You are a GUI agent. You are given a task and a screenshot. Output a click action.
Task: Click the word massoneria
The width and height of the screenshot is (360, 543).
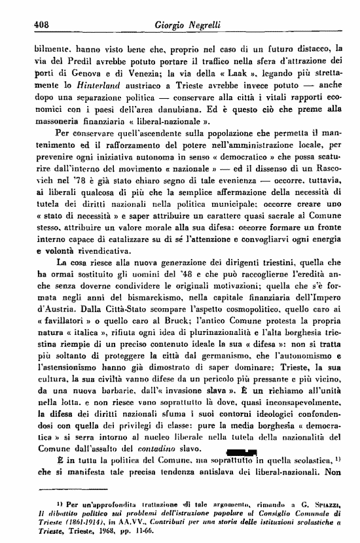(x=55, y=122)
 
